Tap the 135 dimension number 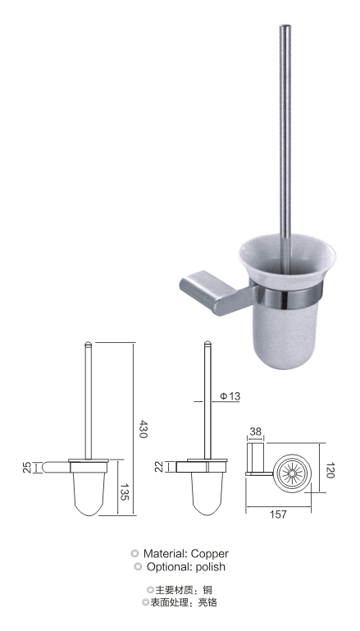tap(124, 492)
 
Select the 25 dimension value tap(27, 467)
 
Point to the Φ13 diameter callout tap(230, 396)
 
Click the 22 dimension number tap(159, 467)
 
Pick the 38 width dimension tap(255, 432)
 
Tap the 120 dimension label tap(330, 470)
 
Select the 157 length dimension tap(278, 514)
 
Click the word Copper tap(210, 554)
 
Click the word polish tap(211, 568)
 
